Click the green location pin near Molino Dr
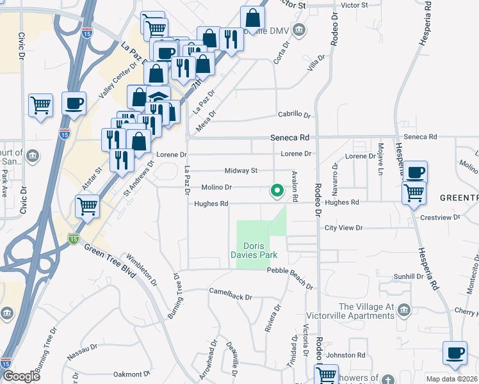(277, 191)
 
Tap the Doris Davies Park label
(261, 250)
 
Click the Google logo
(21, 376)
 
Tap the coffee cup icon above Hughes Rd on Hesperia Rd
(415, 172)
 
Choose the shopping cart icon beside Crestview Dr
(414, 192)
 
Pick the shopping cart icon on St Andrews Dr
(86, 207)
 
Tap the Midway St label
(241, 171)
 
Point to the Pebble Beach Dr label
(290, 271)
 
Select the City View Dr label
(343, 228)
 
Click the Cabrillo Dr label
(294, 115)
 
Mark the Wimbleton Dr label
(142, 269)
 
